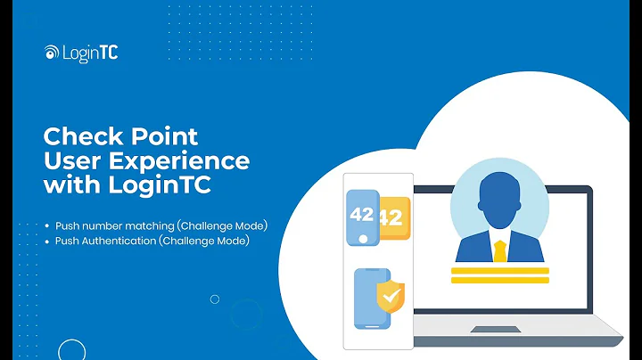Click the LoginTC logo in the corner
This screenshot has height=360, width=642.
point(81,53)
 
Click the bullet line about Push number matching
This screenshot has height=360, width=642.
point(160,225)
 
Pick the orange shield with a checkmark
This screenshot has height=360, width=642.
point(390,296)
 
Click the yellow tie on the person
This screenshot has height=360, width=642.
point(499,250)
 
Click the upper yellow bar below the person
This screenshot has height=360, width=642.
point(499,269)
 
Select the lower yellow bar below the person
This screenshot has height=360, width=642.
point(499,280)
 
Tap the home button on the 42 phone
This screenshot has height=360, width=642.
point(362,239)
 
